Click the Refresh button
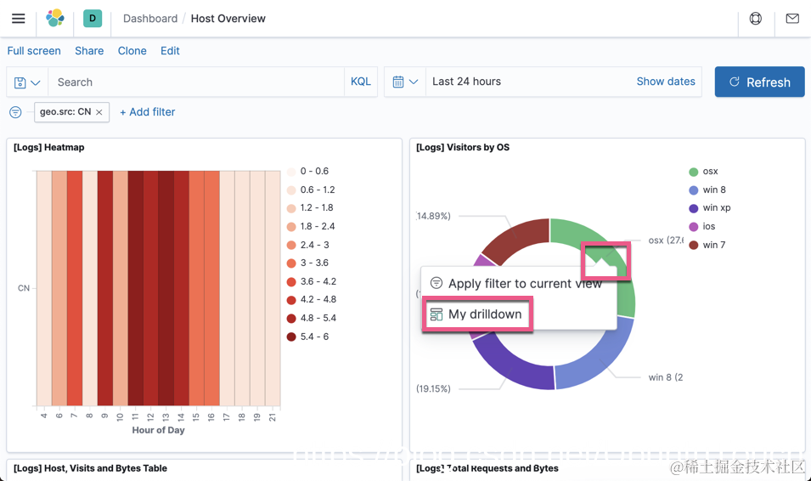click(759, 82)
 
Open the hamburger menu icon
click(18, 19)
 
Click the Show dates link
click(665, 82)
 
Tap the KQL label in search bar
click(360, 82)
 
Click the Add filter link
click(148, 112)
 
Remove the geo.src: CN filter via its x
click(99, 112)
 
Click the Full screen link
click(34, 51)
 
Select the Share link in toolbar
click(89, 51)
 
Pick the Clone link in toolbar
click(132, 51)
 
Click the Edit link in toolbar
click(170, 51)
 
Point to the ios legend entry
click(708, 227)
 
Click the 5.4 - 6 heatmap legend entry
click(313, 337)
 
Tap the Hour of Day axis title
click(158, 430)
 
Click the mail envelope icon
click(791, 19)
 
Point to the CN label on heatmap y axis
click(24, 288)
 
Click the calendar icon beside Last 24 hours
click(398, 82)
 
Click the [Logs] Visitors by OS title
click(463, 148)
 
